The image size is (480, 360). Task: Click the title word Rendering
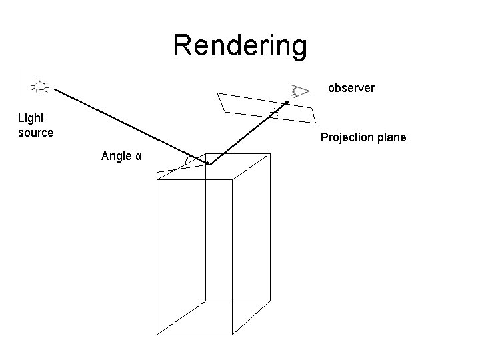[240, 45]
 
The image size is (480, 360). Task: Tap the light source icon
[41, 85]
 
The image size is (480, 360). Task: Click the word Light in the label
[31, 118]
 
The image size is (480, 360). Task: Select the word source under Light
[35, 132]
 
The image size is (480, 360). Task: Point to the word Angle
[115, 156]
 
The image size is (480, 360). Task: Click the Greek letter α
[138, 157]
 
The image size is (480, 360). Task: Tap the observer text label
[351, 87]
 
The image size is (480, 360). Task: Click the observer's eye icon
[301, 90]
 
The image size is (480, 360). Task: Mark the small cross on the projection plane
[273, 111]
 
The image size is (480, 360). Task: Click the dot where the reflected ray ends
[287, 101]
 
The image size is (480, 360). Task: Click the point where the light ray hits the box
[208, 164]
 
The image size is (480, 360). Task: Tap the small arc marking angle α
[188, 162]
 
